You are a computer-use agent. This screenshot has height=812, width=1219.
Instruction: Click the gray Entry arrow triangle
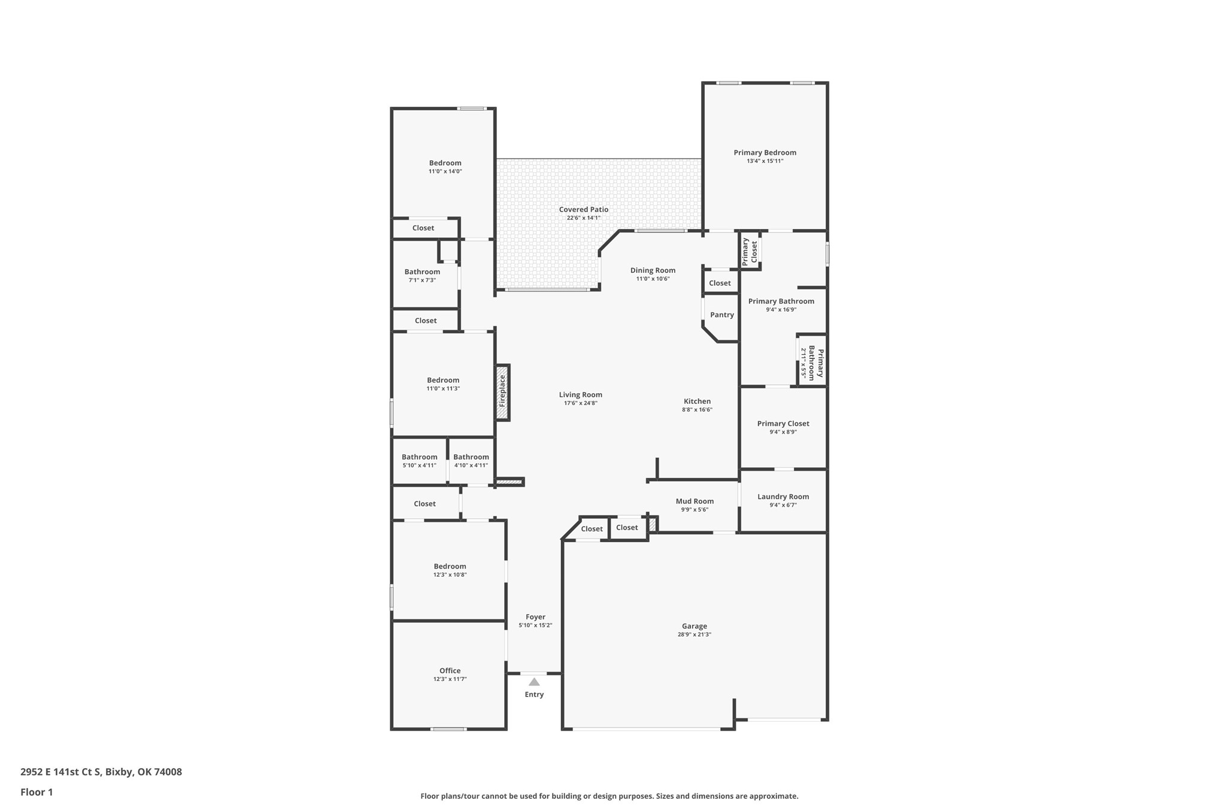pos(534,682)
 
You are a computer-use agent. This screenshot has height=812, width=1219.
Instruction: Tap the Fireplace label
pos(502,391)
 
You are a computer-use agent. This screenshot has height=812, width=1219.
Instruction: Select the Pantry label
pos(722,315)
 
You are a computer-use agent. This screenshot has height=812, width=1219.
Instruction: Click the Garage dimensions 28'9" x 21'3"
pos(695,634)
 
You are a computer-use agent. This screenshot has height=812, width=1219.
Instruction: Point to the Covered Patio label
pos(584,209)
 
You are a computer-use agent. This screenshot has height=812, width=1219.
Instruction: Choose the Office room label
pos(450,671)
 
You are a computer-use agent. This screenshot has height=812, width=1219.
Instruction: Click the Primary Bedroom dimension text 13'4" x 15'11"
pos(765,161)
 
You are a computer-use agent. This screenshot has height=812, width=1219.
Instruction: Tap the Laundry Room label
pos(783,497)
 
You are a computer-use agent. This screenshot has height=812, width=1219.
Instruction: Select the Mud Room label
pos(695,501)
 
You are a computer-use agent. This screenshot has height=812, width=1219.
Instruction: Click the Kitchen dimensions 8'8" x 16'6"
pos(697,410)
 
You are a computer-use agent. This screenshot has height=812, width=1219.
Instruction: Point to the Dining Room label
pos(653,270)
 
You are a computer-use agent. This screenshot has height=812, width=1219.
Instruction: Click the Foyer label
pos(535,617)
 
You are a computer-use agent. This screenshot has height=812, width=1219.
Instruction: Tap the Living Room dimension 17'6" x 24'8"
pos(581,403)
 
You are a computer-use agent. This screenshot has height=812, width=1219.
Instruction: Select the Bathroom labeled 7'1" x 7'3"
pos(422,272)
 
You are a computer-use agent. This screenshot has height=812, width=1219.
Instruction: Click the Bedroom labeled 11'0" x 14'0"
pos(445,163)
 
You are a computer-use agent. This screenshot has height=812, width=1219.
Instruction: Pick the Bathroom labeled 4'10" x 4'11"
pos(471,457)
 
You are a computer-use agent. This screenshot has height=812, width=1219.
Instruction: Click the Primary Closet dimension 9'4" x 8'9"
pos(783,432)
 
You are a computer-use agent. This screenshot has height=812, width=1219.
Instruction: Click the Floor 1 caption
pos(37,792)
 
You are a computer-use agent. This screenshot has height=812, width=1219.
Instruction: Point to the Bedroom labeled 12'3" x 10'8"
pos(450,566)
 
